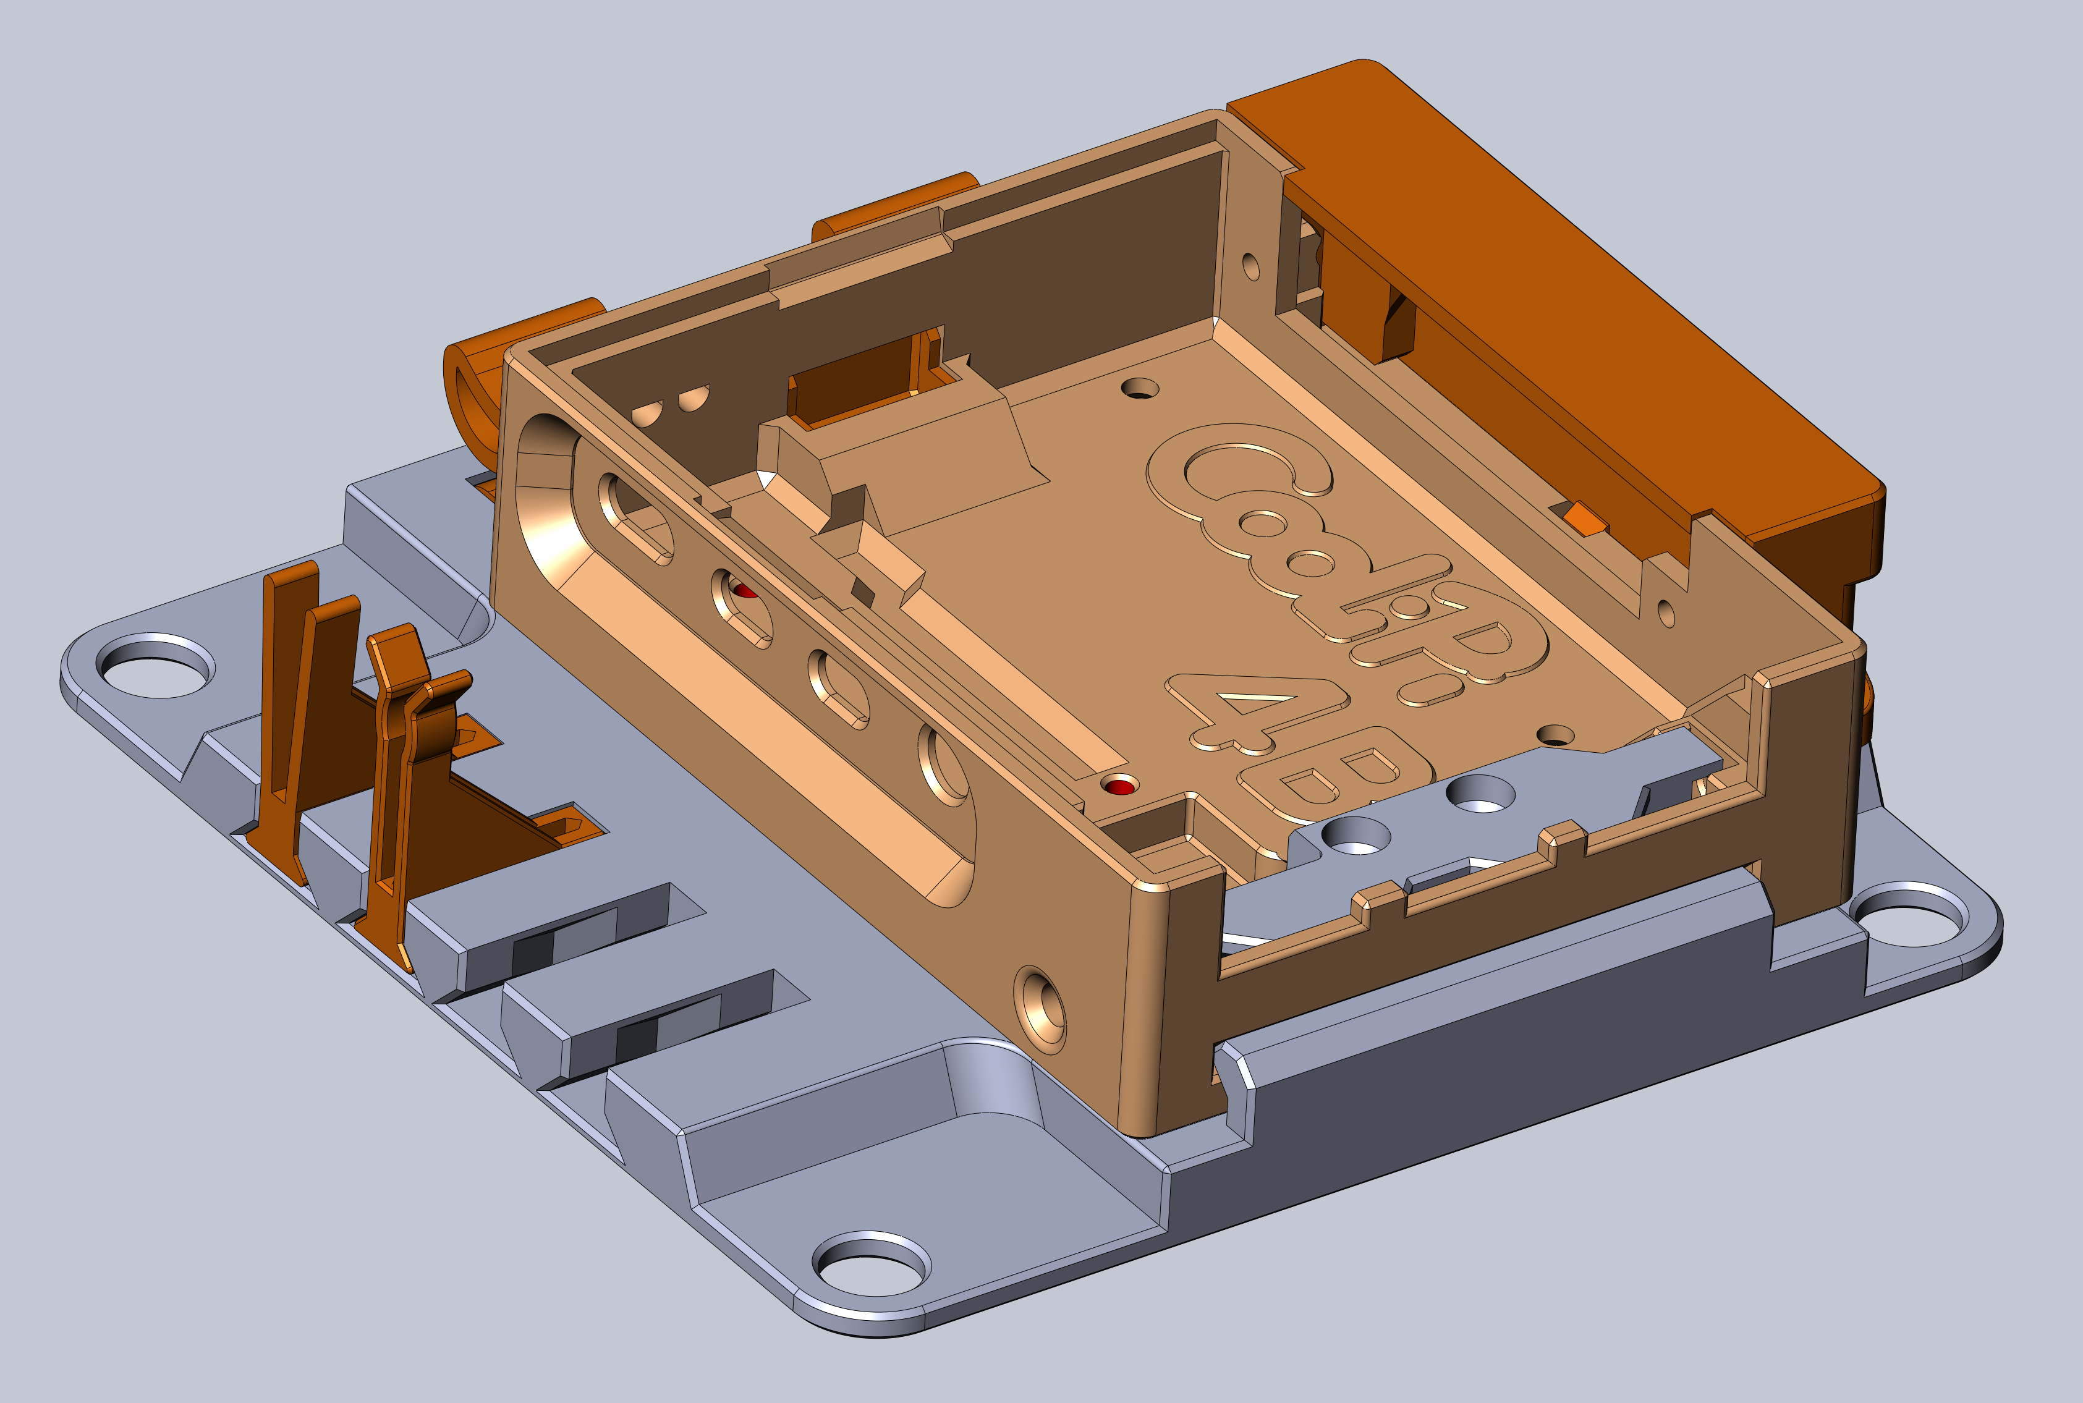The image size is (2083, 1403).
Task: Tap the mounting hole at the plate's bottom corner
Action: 872,1263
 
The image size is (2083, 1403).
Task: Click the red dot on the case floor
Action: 1119,787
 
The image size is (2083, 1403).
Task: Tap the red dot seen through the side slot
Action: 744,591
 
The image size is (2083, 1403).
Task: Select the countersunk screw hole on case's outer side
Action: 1040,1009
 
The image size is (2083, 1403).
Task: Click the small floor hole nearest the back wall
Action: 1140,388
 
